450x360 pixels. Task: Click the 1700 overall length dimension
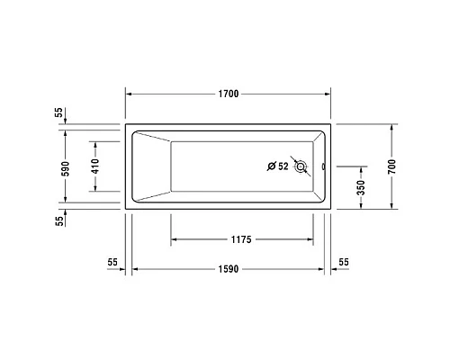tap(229, 94)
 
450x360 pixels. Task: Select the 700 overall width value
tap(391, 166)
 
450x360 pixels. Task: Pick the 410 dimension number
tap(94, 166)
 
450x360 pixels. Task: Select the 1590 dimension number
tap(227, 268)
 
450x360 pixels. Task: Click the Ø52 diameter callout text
tap(277, 166)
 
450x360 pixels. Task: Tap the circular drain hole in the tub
tap(301, 166)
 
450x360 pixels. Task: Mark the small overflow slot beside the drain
tap(322, 166)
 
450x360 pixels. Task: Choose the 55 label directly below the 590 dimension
tap(59, 220)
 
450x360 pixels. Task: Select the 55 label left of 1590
tap(112, 261)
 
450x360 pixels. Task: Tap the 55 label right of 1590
tap(344, 261)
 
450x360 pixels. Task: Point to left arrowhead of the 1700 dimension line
tap(128, 94)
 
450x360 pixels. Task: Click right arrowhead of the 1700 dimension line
tap(329, 94)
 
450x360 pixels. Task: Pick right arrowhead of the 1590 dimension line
tap(319, 268)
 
